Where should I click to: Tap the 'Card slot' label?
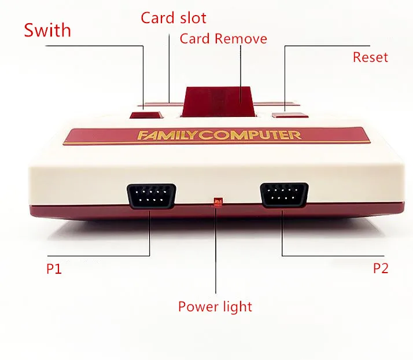(173, 17)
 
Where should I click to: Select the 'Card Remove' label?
(223, 39)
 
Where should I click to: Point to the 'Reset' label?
(370, 57)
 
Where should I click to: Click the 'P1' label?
(54, 269)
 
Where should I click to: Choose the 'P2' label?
(381, 269)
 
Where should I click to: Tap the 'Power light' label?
(215, 306)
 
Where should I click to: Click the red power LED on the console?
(217, 202)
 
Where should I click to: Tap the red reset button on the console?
(287, 113)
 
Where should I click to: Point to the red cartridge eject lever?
(217, 100)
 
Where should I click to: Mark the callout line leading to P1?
(149, 237)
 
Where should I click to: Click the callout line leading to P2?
(282, 237)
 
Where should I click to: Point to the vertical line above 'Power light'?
(215, 255)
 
